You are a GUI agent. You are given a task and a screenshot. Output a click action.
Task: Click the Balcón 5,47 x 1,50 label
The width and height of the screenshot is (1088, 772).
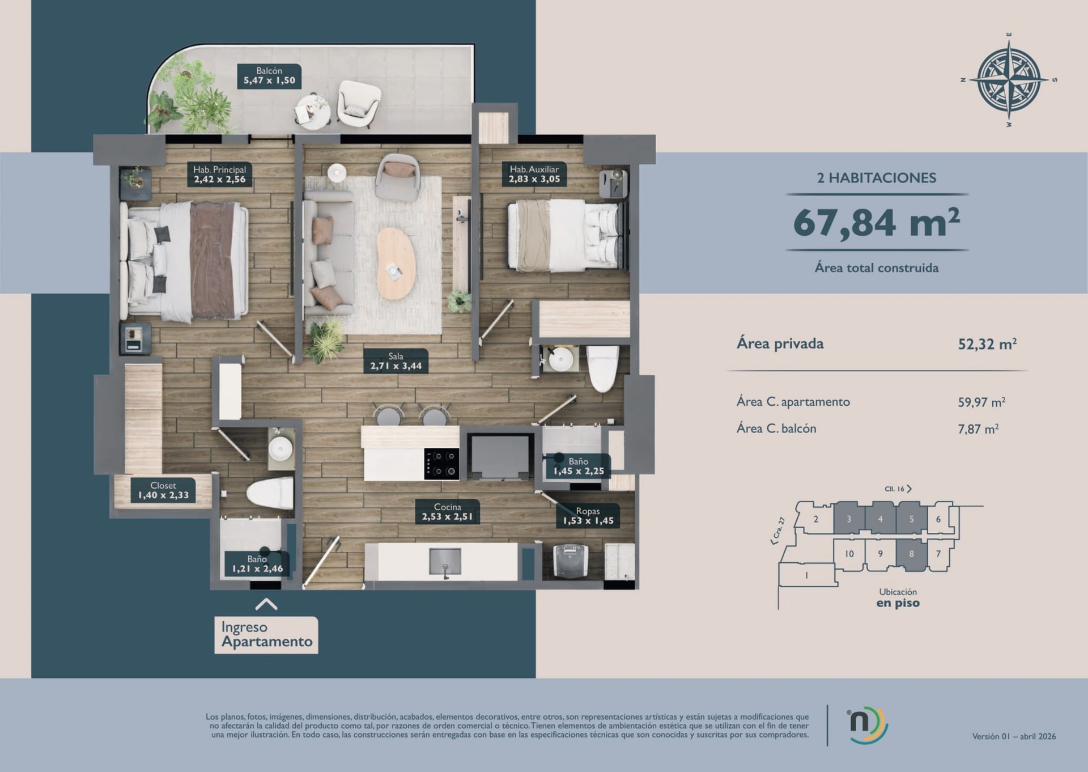click(269, 76)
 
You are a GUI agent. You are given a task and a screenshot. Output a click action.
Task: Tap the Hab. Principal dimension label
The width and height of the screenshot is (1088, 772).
click(220, 175)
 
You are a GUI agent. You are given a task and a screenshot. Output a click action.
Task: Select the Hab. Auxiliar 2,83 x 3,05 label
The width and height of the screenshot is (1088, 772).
click(534, 175)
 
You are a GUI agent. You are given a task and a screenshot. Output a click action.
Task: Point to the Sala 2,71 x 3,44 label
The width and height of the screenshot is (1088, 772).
click(396, 362)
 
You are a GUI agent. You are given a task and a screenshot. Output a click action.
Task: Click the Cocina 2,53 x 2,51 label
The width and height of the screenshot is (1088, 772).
click(448, 512)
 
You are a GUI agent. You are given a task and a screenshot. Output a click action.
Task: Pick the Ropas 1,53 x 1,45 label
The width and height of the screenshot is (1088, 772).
click(588, 516)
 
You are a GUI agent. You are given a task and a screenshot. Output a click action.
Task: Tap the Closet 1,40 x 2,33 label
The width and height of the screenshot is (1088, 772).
click(163, 490)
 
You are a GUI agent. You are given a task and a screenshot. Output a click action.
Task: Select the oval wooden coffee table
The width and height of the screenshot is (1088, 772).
click(396, 264)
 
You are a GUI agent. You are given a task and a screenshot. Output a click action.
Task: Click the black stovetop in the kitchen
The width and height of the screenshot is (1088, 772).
click(442, 464)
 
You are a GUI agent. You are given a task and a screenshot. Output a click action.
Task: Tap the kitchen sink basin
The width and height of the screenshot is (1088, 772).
click(445, 562)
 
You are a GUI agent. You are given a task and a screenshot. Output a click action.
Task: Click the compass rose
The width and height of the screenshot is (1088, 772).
click(1009, 80)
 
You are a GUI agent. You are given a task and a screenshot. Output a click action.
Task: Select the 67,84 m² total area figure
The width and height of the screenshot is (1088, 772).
click(877, 223)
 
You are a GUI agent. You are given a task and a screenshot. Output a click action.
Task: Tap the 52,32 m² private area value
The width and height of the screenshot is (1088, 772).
click(987, 344)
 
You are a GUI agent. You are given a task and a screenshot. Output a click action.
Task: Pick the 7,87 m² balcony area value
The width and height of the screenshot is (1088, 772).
click(978, 429)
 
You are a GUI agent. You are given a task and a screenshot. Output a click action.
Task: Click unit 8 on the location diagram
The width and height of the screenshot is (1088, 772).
click(911, 554)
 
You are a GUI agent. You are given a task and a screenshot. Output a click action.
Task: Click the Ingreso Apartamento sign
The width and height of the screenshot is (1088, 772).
click(266, 635)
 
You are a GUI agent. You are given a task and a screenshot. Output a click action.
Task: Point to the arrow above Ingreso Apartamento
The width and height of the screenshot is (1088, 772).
click(266, 605)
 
